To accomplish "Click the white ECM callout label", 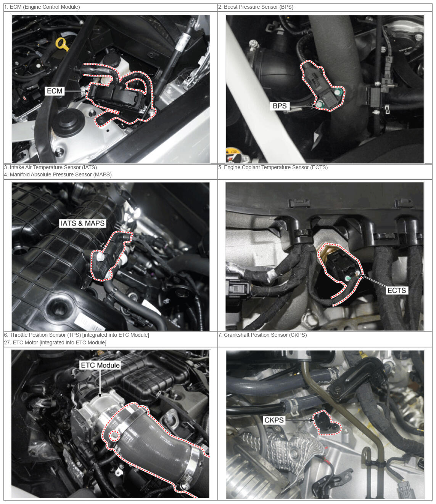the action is (55, 91).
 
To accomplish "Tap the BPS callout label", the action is (280, 106).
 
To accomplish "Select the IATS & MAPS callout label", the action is (82, 223).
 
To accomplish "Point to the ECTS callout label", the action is (397, 290).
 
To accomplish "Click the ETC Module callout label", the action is (100, 365).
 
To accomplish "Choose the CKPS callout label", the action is (274, 420).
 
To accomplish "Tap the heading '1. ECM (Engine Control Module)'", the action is (42, 7).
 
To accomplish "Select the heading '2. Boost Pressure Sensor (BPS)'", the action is (256, 7).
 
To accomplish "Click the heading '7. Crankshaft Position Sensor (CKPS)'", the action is (262, 335).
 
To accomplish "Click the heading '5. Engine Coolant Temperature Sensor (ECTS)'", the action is (273, 167).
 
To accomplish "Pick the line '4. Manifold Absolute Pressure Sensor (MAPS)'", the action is (58, 174).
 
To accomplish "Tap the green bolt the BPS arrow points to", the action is (320, 105).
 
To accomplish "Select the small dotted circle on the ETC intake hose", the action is (114, 435).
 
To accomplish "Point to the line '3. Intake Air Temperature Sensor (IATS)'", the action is (50, 167).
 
